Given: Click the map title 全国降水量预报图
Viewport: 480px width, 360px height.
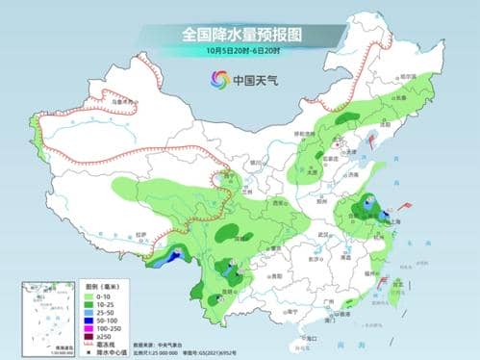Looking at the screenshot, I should coord(240,34).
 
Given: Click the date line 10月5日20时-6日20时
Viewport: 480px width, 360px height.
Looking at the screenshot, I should coord(240,50).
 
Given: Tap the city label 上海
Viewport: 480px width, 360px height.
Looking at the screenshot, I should coord(379,219).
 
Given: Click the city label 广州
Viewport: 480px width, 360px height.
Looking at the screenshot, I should coord(329,300).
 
